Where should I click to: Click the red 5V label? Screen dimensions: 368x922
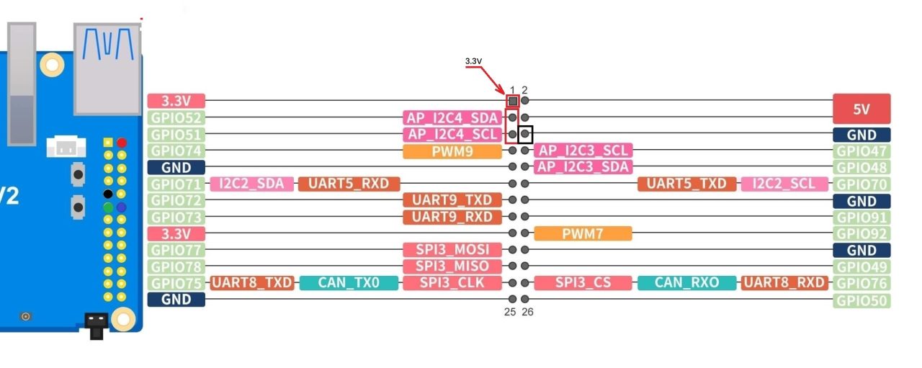[861, 109]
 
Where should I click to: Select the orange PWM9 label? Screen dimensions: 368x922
[452, 151]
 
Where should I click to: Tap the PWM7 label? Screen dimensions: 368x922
[583, 233]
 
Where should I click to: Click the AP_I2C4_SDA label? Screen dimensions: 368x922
[452, 117]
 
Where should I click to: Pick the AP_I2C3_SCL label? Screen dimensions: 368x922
[583, 151]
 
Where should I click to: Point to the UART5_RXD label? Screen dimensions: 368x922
[349, 184]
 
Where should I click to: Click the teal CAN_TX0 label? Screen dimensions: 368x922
[349, 283]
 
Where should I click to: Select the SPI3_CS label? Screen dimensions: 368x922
[583, 283]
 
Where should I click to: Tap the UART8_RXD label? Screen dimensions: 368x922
[785, 283]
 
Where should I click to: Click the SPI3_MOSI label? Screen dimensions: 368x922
[452, 250]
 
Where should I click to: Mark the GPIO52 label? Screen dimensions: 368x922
[176, 117]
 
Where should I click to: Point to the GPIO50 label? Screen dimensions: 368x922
[862, 300]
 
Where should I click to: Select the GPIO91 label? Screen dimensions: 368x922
[862, 217]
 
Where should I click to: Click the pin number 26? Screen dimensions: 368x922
[528, 312]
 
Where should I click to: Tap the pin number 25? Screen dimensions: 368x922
[509, 312]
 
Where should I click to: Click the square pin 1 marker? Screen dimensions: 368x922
[512, 101]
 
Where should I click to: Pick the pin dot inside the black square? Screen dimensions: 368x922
[525, 134]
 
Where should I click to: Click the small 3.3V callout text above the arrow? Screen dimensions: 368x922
[473, 61]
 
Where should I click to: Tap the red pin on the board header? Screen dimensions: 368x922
[122, 143]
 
